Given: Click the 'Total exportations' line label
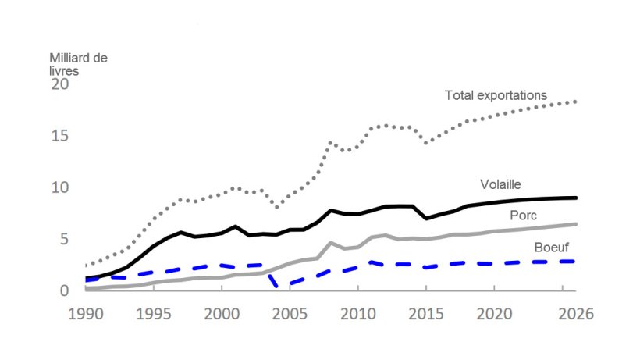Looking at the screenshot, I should (x=496, y=95).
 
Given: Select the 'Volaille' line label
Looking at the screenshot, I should (x=500, y=185).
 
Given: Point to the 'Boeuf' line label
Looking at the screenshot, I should (x=552, y=248).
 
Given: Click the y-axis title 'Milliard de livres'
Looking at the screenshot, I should (x=77, y=63).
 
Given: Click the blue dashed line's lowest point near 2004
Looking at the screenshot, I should (x=277, y=286).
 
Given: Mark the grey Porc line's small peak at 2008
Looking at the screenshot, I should (x=331, y=243).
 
